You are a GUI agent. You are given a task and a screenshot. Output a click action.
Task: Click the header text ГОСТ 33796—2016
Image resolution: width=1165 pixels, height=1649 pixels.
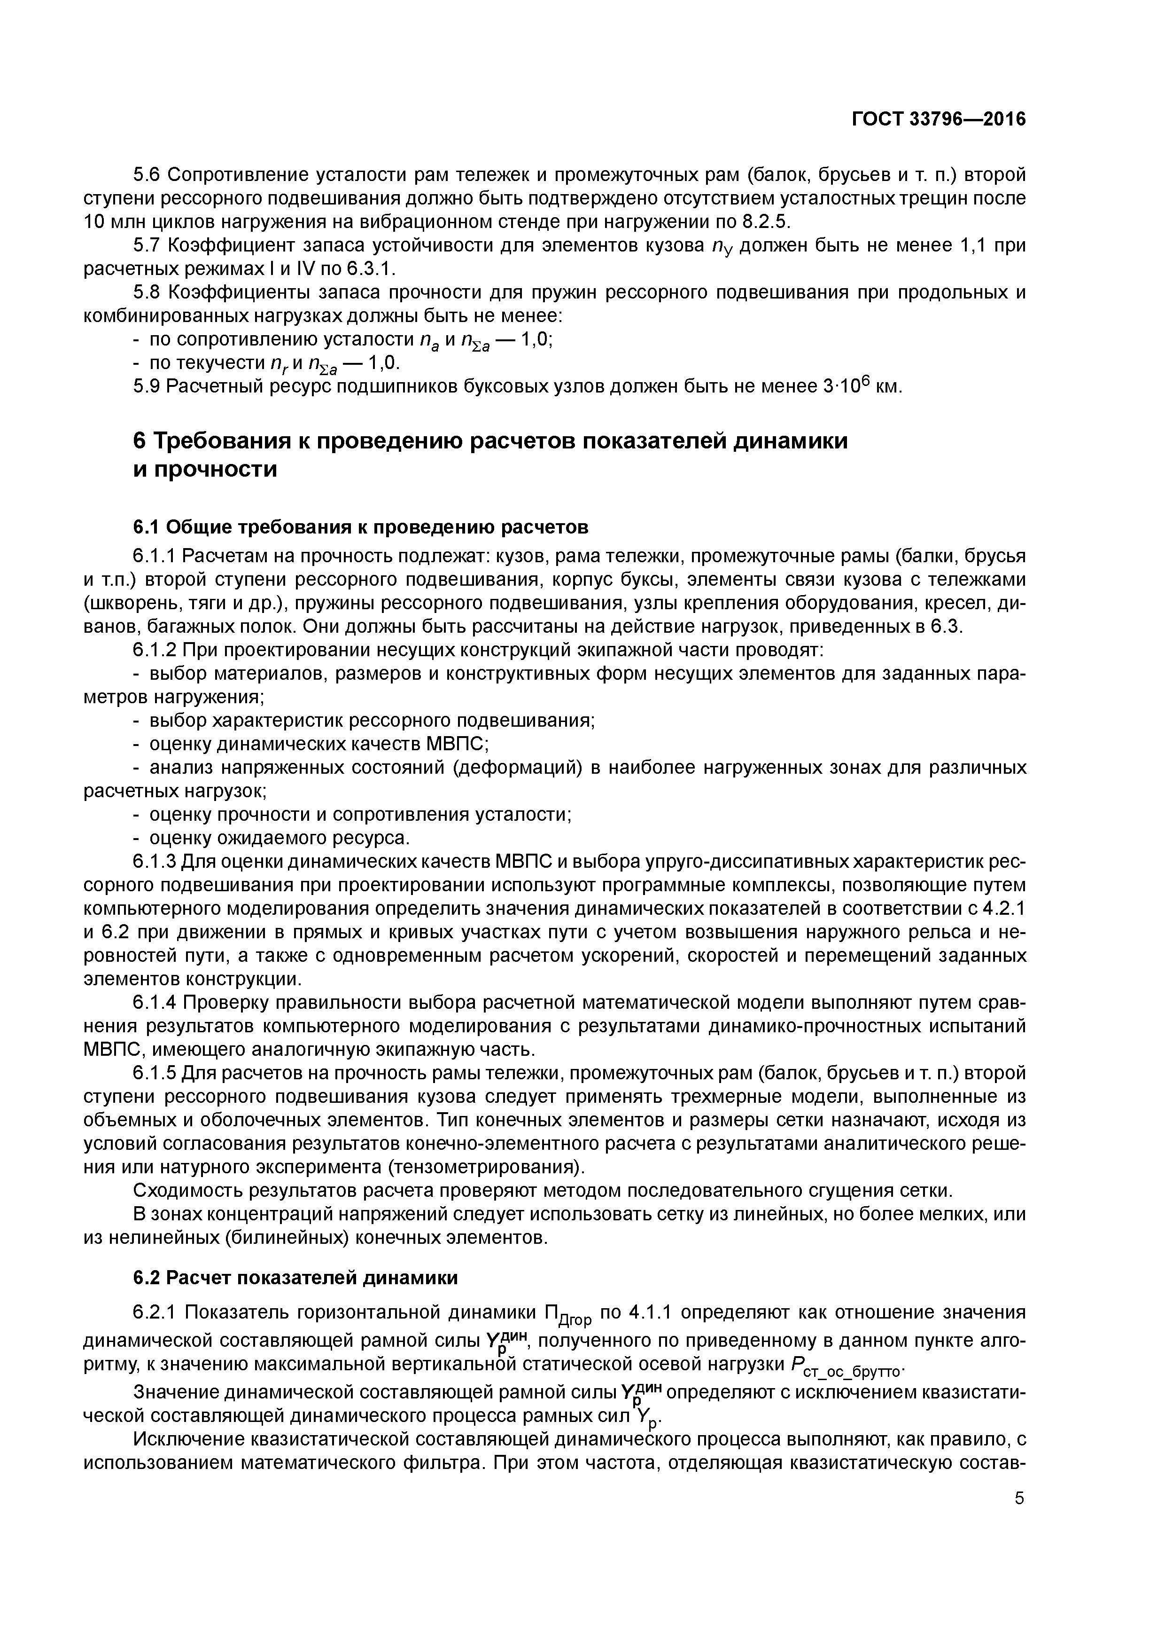tap(938, 119)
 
